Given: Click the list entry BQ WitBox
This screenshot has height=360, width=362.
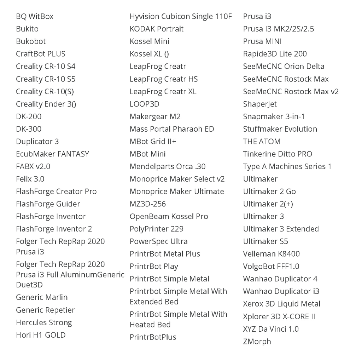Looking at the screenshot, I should pyautogui.click(x=35, y=17).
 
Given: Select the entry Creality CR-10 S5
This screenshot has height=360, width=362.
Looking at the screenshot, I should pyautogui.click(x=46, y=79).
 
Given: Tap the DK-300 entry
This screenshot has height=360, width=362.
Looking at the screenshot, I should pyautogui.click(x=29, y=129).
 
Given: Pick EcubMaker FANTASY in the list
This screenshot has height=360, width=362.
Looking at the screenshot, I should pyautogui.click(x=52, y=154).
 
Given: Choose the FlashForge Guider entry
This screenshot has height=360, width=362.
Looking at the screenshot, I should pyautogui.click(x=48, y=204).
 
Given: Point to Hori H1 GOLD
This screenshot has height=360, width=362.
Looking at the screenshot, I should pyautogui.click(x=41, y=335).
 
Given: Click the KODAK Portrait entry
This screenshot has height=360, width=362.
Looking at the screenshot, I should pyautogui.click(x=157, y=29).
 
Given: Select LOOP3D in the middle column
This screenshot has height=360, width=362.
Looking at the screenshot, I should pyautogui.click(x=145, y=104).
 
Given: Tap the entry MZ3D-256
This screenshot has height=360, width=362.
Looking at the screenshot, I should pyautogui.click(x=148, y=204).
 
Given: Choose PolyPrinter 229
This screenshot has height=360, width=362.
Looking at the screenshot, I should pyautogui.click(x=156, y=229).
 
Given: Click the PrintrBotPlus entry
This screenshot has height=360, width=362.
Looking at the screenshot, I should pyautogui.click(x=153, y=337).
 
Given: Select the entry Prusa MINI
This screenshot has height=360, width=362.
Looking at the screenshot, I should pyautogui.click(x=262, y=41).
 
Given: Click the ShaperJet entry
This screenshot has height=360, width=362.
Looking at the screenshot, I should pyautogui.click(x=260, y=104).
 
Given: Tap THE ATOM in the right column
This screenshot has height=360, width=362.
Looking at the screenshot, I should pyautogui.click(x=262, y=142).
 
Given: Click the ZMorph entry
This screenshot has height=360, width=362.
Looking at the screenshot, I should pyautogui.click(x=257, y=342).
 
